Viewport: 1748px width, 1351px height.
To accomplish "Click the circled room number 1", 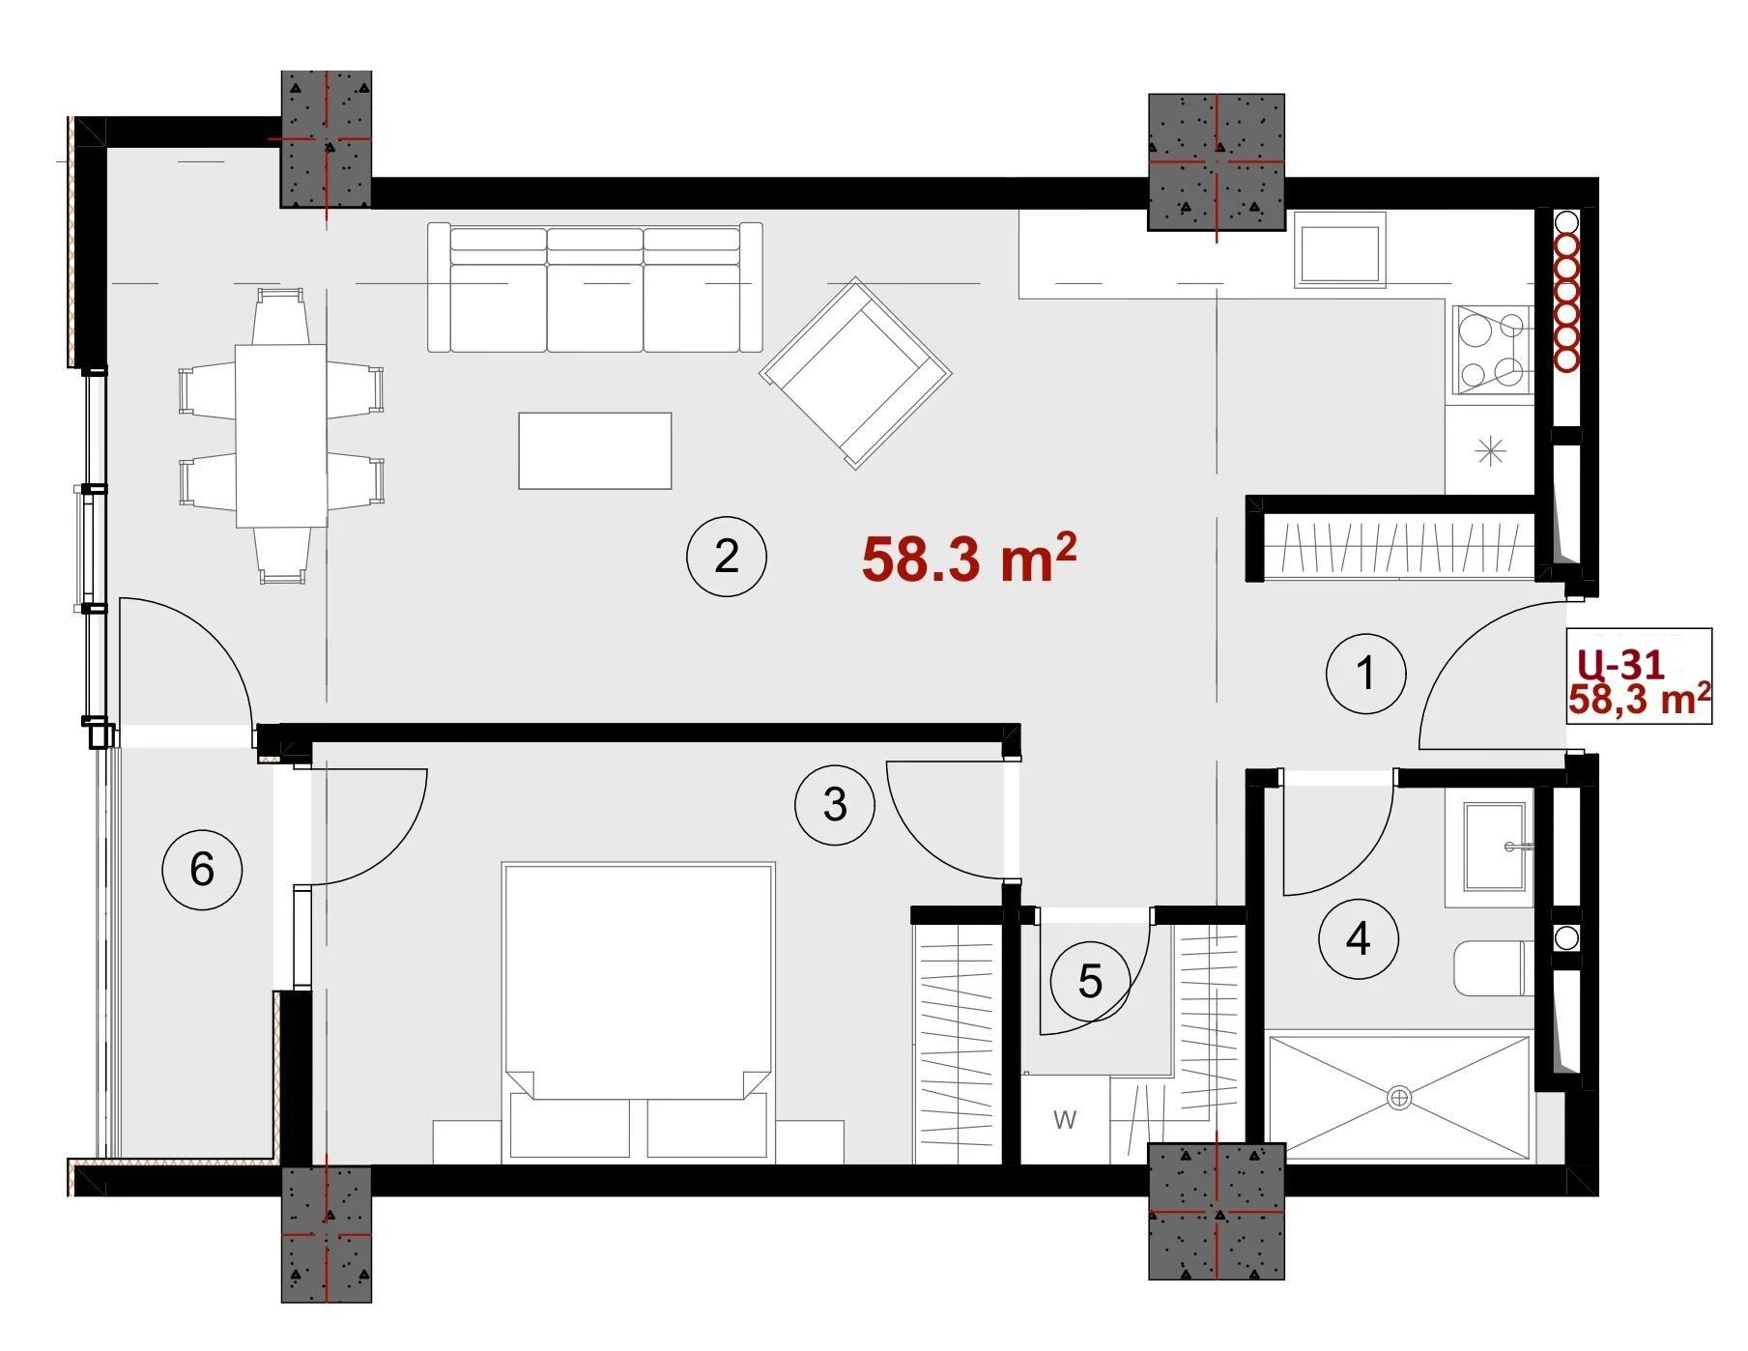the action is [1365, 674].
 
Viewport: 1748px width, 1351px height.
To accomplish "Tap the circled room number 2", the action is [726, 558].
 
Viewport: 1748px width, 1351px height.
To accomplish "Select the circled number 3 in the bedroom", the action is [835, 805].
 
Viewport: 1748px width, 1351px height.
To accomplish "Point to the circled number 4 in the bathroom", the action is [1359, 938].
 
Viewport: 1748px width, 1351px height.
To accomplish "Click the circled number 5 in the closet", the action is [1090, 983].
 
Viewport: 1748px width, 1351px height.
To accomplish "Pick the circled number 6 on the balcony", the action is [201, 869].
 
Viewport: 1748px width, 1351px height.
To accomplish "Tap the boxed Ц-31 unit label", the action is [1620, 664].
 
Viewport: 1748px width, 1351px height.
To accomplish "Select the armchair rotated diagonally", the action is [856, 373].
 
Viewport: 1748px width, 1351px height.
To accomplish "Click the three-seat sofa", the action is [595, 288].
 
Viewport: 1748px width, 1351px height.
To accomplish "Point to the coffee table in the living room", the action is [595, 451].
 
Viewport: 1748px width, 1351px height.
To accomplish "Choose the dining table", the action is [281, 436].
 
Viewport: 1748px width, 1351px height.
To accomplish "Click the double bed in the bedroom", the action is [638, 1012].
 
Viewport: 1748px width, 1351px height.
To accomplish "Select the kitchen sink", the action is [1340, 253].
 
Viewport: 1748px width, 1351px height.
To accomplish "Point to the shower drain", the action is [1399, 1098].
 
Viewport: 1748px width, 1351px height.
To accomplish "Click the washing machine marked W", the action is [1066, 1120].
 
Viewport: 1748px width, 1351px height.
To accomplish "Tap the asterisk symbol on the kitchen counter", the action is [1491, 450].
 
